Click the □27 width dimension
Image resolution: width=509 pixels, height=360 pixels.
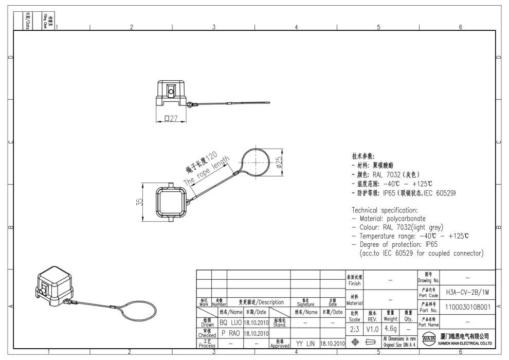pyautogui.click(x=170, y=119)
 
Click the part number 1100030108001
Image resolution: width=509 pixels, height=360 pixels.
pyautogui.click(x=467, y=307)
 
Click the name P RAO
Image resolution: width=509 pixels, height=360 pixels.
pyautogui.click(x=230, y=333)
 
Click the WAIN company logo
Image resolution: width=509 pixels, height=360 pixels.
pyautogui.click(x=426, y=340)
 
